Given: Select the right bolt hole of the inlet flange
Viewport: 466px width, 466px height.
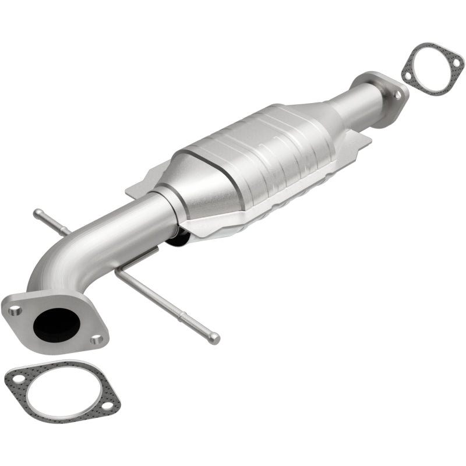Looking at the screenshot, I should click(97, 338).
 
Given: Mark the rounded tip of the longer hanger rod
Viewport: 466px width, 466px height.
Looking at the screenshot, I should click(216, 337).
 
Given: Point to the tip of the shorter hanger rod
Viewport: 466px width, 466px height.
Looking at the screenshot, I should click(37, 212).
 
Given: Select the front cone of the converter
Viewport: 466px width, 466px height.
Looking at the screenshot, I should click(201, 186).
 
